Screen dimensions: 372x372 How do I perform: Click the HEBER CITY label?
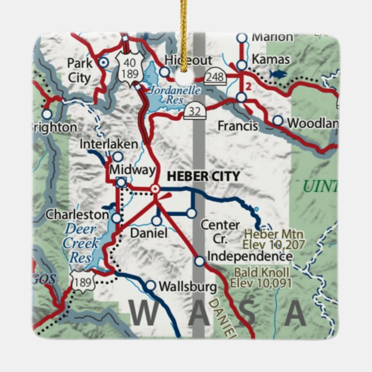[x=195, y=176]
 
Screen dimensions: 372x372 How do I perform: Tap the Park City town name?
[x=80, y=69]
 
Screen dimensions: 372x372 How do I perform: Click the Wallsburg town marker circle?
[x=150, y=285]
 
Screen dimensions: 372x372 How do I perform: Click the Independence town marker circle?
[x=199, y=262]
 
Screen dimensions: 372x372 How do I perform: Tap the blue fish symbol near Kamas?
[x=278, y=74]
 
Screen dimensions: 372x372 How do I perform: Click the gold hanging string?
[x=184, y=23]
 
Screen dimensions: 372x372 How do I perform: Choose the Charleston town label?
[x=77, y=214]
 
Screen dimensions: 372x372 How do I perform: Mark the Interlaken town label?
[x=109, y=143]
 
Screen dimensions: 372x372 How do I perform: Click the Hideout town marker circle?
[x=165, y=72]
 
